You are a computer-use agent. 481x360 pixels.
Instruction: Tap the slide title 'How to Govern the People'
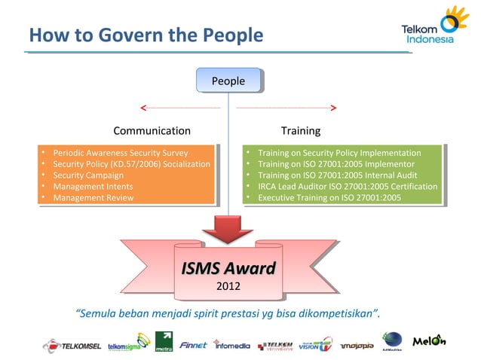point(146,35)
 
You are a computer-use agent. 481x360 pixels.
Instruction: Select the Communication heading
point(152,131)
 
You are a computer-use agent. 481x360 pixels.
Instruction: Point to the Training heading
point(300,131)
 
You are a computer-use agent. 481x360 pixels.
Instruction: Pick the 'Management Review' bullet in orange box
point(93,197)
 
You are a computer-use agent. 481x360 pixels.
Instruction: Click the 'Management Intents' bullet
point(92,186)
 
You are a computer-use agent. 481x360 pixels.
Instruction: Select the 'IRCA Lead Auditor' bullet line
point(347,186)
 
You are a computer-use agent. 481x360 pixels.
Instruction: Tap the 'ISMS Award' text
point(228,269)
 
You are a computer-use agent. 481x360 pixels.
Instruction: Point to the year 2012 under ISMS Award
point(228,286)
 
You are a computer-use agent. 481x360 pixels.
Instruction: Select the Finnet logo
point(195,344)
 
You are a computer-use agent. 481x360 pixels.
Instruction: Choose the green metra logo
point(164,342)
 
